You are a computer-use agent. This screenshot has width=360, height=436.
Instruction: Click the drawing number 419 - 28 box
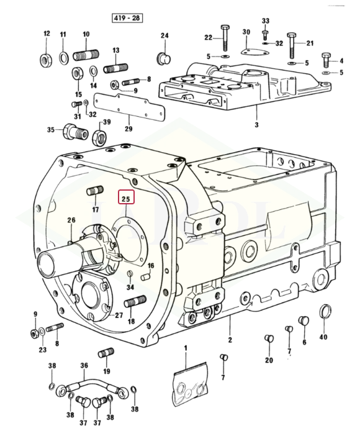pos(127,19)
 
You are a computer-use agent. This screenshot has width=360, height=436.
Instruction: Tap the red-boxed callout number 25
pos(126,197)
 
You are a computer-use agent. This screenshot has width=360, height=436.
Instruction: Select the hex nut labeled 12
pos(45,60)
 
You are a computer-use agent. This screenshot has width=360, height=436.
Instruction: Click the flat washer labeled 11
pos(64,58)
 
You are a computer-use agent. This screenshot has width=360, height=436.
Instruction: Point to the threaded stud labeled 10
pos(86,55)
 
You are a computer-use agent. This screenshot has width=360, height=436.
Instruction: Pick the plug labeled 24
pos(163,58)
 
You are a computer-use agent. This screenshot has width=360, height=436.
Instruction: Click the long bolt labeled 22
pos(225,37)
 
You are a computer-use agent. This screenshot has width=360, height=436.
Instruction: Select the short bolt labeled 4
pos(326,60)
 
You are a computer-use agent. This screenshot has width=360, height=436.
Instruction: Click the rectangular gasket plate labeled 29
pos(129,107)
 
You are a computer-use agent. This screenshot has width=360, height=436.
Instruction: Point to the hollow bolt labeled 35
pos(75,132)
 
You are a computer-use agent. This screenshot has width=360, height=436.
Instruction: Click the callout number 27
pos(119,315)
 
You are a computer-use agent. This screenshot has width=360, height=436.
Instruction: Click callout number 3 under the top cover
pos(256,125)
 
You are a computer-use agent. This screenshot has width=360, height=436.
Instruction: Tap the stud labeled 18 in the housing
pos(135,301)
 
